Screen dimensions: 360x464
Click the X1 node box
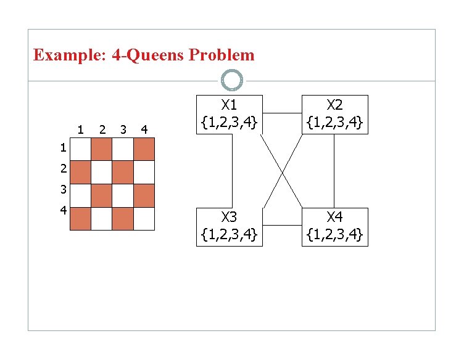click(x=230, y=113)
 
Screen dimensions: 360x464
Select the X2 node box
click(x=335, y=114)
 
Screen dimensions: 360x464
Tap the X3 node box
click(x=230, y=227)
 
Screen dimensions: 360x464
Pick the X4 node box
click(x=335, y=227)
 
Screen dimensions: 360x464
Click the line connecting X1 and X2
click(x=282, y=113)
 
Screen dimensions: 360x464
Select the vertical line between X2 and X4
click(x=334, y=171)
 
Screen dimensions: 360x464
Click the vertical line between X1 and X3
click(x=232, y=171)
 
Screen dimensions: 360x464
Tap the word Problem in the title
click(x=222, y=55)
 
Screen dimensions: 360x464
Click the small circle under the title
click(x=232, y=80)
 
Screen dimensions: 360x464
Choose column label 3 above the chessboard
click(x=123, y=129)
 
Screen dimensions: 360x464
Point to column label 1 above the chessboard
click(x=81, y=129)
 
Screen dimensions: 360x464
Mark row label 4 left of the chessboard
click(x=63, y=210)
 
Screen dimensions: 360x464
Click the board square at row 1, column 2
click(x=102, y=149)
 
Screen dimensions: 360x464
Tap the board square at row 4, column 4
click(x=144, y=219)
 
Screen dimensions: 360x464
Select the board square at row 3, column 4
click(x=144, y=195)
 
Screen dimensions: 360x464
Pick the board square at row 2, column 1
click(x=81, y=172)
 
